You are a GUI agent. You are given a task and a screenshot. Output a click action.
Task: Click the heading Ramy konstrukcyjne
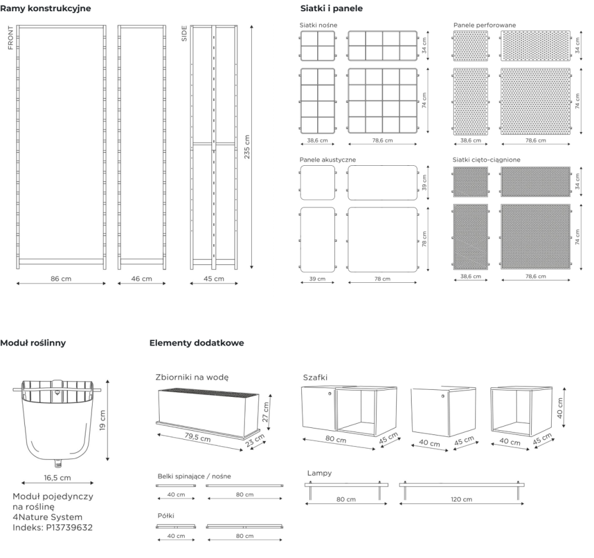46,8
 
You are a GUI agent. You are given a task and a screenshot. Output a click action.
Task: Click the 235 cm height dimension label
247,147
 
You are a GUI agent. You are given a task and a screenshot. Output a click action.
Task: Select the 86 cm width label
61,279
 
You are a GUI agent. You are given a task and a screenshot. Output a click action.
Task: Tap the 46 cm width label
142,279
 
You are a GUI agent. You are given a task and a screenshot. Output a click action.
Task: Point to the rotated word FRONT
11,38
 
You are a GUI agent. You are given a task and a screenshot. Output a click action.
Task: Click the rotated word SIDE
185,33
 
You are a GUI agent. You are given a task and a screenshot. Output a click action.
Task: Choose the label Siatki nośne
318,25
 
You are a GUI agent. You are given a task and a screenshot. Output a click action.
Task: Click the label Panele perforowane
485,25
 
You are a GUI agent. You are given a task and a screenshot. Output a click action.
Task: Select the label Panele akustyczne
328,160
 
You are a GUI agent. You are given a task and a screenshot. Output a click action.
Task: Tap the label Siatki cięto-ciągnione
486,160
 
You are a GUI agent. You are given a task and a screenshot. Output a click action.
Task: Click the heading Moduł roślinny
33,343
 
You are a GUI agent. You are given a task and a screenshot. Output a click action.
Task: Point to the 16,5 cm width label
57,478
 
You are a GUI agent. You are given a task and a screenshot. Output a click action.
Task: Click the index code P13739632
69,527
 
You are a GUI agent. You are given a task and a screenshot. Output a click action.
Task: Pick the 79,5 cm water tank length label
197,437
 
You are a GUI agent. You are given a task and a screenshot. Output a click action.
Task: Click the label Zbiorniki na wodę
192,377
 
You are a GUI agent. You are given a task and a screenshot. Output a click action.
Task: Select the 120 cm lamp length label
462,499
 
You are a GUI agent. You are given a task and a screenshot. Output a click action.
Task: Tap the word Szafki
315,377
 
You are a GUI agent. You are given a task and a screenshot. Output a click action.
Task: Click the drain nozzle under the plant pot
58,463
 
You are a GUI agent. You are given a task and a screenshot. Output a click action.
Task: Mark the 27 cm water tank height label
265,412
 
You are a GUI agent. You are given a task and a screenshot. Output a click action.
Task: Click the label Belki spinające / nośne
194,476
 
